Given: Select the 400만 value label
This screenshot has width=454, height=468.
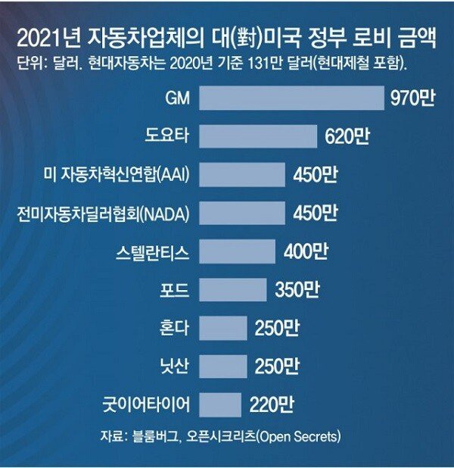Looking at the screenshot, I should coord(306,251).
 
